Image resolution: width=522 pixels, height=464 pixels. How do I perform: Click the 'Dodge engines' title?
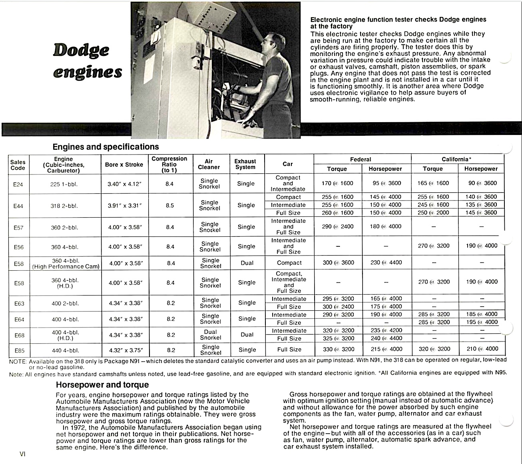pyautogui.click(x=87, y=61)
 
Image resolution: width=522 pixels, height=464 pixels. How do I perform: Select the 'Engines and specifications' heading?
pyautogui.click(x=106, y=147)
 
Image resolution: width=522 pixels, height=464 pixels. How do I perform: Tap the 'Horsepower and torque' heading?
pyautogui.click(x=102, y=385)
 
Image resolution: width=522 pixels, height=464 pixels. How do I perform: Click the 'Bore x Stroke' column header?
pyautogui.click(x=124, y=165)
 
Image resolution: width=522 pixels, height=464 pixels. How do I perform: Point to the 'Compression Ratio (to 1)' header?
pyautogui.click(x=169, y=164)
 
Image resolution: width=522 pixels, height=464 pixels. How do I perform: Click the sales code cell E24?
pyautogui.click(x=18, y=184)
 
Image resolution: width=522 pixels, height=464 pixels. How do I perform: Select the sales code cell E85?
pyautogui.click(x=19, y=351)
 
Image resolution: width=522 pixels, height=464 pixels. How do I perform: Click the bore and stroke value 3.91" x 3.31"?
pyautogui.click(x=125, y=206)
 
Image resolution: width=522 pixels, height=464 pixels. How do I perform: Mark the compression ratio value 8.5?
pyautogui.click(x=170, y=206)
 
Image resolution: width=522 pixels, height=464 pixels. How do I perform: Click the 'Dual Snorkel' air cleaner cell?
pyautogui.click(x=210, y=335)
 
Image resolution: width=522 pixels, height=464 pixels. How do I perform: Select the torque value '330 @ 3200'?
pyautogui.click(x=338, y=349)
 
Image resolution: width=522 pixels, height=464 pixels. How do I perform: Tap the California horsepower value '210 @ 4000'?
pyautogui.click(x=482, y=349)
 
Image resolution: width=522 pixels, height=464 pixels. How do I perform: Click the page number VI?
pyautogui.click(x=22, y=454)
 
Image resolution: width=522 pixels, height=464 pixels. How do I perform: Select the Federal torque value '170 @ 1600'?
pyautogui.click(x=337, y=183)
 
